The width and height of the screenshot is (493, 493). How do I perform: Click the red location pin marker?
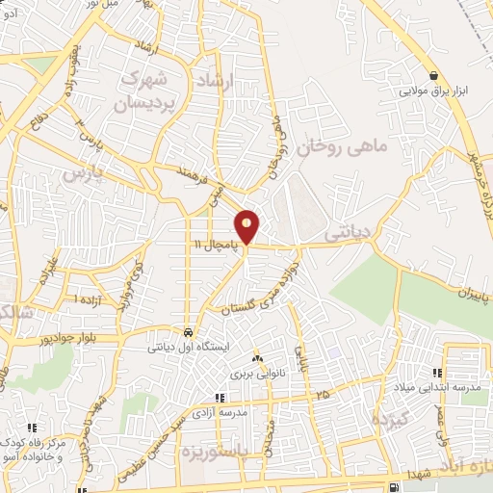point(247,226)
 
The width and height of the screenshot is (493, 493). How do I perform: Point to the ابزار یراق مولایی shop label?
point(432,92)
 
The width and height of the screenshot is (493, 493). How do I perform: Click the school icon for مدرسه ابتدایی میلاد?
point(437,373)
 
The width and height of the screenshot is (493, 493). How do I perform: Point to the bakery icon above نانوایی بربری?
point(255,356)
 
